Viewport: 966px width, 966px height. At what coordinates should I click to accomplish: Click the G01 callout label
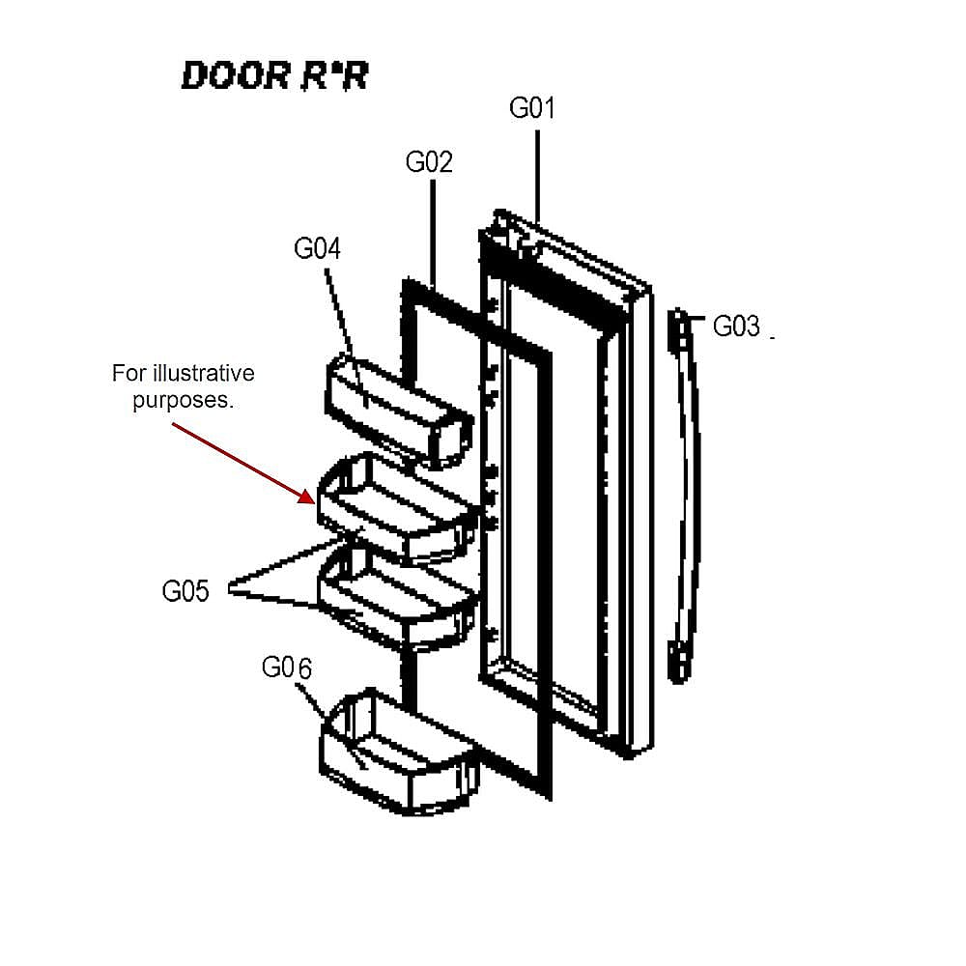pyautogui.click(x=531, y=108)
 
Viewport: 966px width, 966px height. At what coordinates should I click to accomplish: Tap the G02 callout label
pyautogui.click(x=429, y=162)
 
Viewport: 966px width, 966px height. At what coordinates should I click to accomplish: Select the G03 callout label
pyautogui.click(x=735, y=327)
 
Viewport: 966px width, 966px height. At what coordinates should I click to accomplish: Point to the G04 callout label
pyautogui.click(x=317, y=249)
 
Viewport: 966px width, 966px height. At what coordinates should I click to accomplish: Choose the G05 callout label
pyautogui.click(x=185, y=591)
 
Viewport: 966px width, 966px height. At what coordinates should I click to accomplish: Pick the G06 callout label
pyautogui.click(x=287, y=668)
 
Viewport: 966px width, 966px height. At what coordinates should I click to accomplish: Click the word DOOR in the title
pyautogui.click(x=236, y=75)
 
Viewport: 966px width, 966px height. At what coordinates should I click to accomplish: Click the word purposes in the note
pyautogui.click(x=182, y=401)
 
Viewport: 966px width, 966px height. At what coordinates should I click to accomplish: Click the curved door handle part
pyautogui.click(x=685, y=496)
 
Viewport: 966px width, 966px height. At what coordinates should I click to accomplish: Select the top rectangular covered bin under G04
pyautogui.click(x=399, y=411)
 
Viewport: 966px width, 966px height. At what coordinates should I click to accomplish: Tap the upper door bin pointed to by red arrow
pyautogui.click(x=398, y=509)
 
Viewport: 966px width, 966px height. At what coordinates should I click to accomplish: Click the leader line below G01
pyautogui.click(x=537, y=177)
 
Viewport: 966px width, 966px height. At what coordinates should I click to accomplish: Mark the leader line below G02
pyautogui.click(x=433, y=234)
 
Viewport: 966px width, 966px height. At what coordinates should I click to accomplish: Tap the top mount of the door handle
pyautogui.click(x=678, y=329)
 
